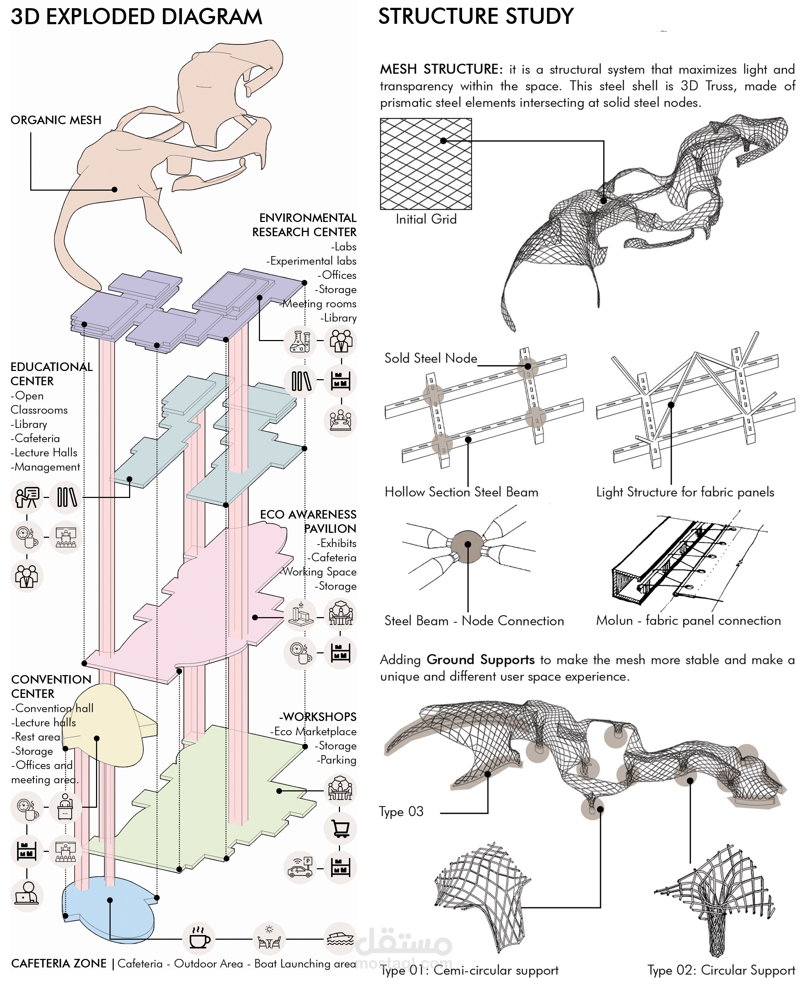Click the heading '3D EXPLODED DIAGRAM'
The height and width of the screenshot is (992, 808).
(x=136, y=17)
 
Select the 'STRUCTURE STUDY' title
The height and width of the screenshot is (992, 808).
(x=476, y=17)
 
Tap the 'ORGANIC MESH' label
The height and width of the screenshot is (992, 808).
(x=56, y=120)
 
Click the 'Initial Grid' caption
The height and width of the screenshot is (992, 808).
(x=426, y=219)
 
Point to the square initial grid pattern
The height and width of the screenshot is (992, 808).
(x=426, y=164)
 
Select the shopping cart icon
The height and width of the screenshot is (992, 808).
(x=340, y=829)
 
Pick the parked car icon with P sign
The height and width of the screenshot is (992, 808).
(x=300, y=869)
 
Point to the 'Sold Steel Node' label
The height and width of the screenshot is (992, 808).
(x=431, y=359)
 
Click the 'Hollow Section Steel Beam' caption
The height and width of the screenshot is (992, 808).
(x=461, y=492)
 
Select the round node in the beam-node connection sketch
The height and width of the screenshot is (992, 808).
(x=468, y=546)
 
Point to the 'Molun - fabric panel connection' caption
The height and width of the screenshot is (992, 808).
(x=689, y=621)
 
